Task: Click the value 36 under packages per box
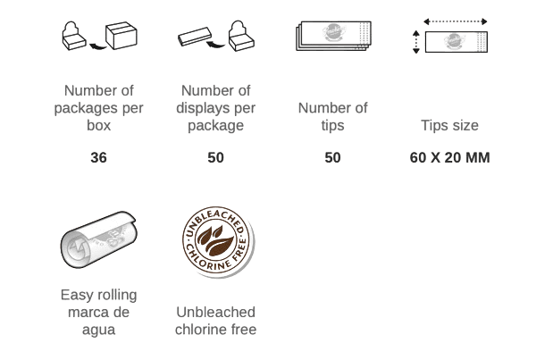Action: (x=98, y=158)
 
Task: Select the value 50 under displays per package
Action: (x=216, y=158)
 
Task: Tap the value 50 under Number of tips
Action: (x=332, y=158)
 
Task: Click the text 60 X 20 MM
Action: (x=450, y=158)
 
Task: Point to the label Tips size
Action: (x=450, y=126)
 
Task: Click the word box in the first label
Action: (x=98, y=126)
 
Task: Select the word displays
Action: (x=204, y=108)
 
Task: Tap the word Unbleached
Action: (x=216, y=313)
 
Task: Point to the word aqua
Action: (x=98, y=330)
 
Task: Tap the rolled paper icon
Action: (x=98, y=239)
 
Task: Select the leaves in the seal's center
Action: (x=215, y=239)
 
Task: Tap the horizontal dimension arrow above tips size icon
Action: (x=455, y=21)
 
